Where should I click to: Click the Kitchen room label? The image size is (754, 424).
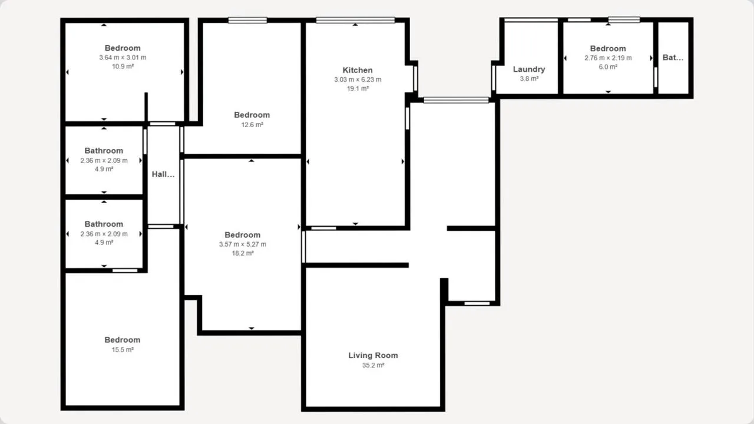tap(358, 70)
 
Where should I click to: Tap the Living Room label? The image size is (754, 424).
tap(373, 355)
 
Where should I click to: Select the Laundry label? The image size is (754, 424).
tap(529, 69)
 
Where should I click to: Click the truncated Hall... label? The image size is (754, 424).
tap(163, 174)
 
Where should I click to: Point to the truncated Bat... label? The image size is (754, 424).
tap(673, 58)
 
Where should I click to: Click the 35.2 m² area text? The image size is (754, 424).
tap(373, 365)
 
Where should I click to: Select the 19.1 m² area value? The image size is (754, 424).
tap(358, 88)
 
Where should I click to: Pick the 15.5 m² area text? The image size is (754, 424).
tap(123, 350)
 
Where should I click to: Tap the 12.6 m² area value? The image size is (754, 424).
tap(252, 125)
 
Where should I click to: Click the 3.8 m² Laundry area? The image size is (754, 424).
tap(529, 79)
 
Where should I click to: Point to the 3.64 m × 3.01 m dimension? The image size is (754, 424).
tap(123, 58)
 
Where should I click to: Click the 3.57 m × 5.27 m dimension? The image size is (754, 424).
tap(242, 244)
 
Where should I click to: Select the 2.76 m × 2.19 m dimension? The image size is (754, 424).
tap(608, 58)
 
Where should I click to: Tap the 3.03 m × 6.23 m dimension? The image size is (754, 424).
tap(358, 79)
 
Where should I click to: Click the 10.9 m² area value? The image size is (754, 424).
tap(123, 67)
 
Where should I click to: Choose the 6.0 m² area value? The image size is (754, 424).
tap(608, 67)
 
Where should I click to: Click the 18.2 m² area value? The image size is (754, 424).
tap(242, 253)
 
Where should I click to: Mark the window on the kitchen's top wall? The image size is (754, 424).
tap(355, 20)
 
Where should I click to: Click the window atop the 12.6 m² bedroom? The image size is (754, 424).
tap(247, 20)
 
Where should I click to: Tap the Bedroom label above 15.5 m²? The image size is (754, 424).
tap(122, 340)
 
